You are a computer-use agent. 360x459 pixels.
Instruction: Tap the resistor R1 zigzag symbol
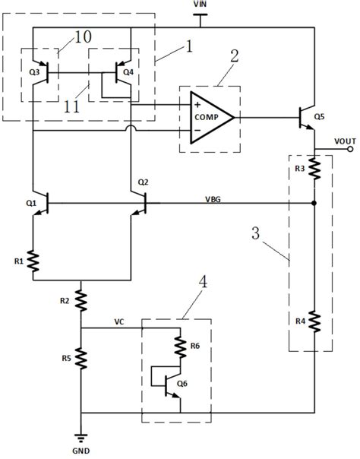click(33, 261)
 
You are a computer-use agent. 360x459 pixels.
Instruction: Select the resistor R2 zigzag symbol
click(81, 301)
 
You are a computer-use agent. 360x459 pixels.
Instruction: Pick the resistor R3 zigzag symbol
click(314, 169)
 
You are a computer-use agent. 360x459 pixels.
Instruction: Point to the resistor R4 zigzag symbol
click(314, 321)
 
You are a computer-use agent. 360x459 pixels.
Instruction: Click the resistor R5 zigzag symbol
click(81, 358)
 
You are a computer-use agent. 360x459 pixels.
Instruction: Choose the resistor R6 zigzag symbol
click(180, 347)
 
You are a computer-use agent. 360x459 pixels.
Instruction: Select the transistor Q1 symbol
click(40, 203)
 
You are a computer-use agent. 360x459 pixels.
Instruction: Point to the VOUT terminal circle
click(350, 150)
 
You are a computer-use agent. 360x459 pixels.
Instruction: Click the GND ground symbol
click(81, 438)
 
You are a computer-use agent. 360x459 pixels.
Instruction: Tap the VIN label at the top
click(200, 4)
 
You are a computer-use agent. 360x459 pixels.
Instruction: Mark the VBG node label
click(213, 199)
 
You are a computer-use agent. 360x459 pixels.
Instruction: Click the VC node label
click(118, 322)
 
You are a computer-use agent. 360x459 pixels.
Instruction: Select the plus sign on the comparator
click(197, 105)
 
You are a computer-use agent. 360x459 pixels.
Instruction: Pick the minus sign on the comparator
click(197, 130)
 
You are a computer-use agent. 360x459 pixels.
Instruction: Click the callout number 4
click(203, 282)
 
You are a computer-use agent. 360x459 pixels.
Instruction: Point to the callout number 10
click(83, 36)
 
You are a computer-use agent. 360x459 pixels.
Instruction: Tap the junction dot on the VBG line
click(314, 203)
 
